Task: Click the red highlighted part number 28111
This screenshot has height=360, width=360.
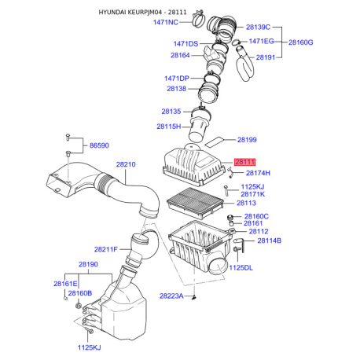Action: click(245, 161)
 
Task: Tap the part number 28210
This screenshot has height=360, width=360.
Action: click(127, 165)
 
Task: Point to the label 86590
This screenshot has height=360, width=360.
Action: click(100, 146)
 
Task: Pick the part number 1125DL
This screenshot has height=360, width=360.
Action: click(241, 267)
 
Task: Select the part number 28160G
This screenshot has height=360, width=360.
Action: click(300, 42)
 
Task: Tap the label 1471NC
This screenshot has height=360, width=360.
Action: click(165, 23)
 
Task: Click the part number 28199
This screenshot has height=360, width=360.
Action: click(247, 140)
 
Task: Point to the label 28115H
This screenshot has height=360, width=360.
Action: click(168, 126)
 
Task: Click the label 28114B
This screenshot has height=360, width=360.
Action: click(266, 240)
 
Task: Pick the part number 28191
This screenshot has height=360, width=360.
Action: click(266, 57)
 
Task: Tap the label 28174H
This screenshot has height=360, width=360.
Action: click(258, 173)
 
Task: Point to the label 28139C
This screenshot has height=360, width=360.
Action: click(259, 27)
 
